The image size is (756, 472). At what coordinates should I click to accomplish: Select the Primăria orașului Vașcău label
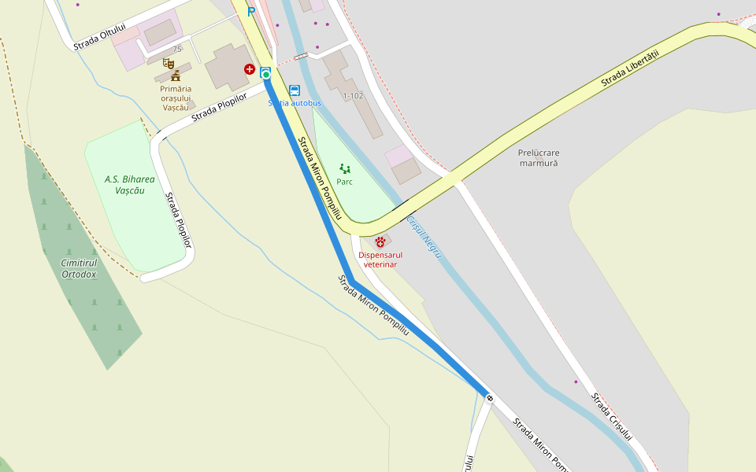point(176,98)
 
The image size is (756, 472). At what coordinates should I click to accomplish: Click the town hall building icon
point(176,76)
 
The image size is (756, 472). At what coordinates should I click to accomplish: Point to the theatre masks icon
point(168,63)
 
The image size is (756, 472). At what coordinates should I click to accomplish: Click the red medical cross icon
point(250,70)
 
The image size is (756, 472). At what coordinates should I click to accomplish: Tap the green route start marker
point(266,74)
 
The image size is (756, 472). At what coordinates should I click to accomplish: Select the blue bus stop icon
point(295,90)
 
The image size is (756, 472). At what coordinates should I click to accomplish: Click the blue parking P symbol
point(251,12)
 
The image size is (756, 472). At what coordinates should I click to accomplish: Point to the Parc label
point(344,182)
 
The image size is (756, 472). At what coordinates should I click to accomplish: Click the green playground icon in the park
point(344,168)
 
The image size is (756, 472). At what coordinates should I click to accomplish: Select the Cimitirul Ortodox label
point(79,268)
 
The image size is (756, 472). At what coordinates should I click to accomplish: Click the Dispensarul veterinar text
point(380,260)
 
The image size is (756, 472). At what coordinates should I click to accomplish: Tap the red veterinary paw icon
point(380,242)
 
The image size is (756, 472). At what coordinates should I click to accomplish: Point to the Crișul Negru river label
point(425,237)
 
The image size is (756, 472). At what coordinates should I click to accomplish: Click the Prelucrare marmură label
point(539,157)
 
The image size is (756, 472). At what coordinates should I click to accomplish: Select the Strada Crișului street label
point(613,417)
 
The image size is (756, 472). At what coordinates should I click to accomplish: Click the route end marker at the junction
point(490,397)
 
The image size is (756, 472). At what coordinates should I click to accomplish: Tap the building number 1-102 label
point(353,96)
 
